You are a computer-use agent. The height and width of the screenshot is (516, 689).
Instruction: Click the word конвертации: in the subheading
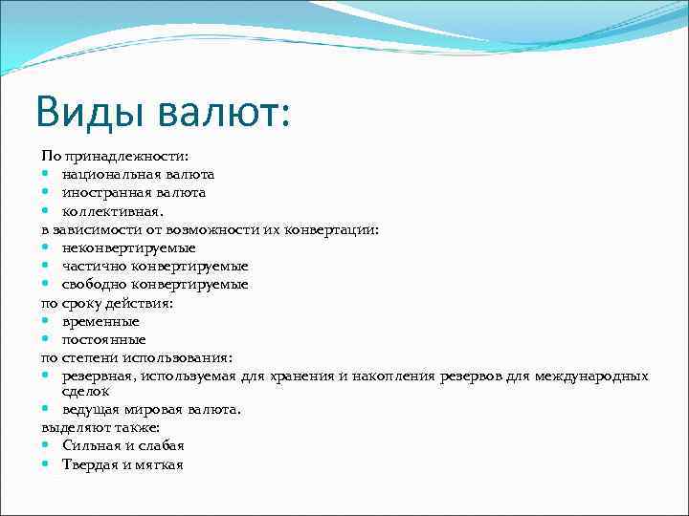tap(338, 229)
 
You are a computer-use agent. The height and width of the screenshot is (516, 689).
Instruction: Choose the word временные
tap(100, 321)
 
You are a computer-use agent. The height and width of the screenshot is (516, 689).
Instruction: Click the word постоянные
tap(103, 339)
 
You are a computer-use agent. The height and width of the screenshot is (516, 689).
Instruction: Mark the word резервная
tap(98, 376)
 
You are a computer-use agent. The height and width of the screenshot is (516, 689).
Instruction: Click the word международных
tap(593, 376)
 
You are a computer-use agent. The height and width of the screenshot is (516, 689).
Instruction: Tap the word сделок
tap(86, 391)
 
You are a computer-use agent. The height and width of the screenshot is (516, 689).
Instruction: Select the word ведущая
tap(91, 409)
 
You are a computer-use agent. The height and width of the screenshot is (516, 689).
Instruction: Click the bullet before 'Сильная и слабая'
tap(46, 446)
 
